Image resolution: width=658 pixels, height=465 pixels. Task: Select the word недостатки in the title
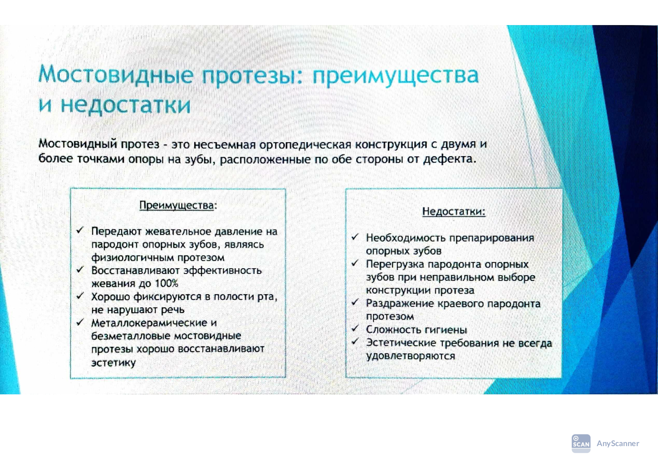[x=126, y=105]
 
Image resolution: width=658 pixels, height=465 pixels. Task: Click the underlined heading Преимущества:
[x=178, y=205]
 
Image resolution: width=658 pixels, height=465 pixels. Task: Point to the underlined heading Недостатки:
[x=454, y=211]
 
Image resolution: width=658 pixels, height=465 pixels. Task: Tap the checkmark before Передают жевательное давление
[x=80, y=230]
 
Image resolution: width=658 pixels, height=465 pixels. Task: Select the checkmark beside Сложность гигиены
[x=355, y=328]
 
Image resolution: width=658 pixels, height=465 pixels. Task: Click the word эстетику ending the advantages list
[x=114, y=363]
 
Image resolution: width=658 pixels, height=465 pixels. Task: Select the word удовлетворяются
[x=410, y=356]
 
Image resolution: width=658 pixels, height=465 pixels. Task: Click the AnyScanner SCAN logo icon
[x=581, y=443]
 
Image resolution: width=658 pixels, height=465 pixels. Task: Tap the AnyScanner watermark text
[x=618, y=443]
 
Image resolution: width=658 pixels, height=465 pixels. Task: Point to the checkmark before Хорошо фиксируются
[x=80, y=296]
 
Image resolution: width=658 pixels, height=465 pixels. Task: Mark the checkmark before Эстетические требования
[x=355, y=341]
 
